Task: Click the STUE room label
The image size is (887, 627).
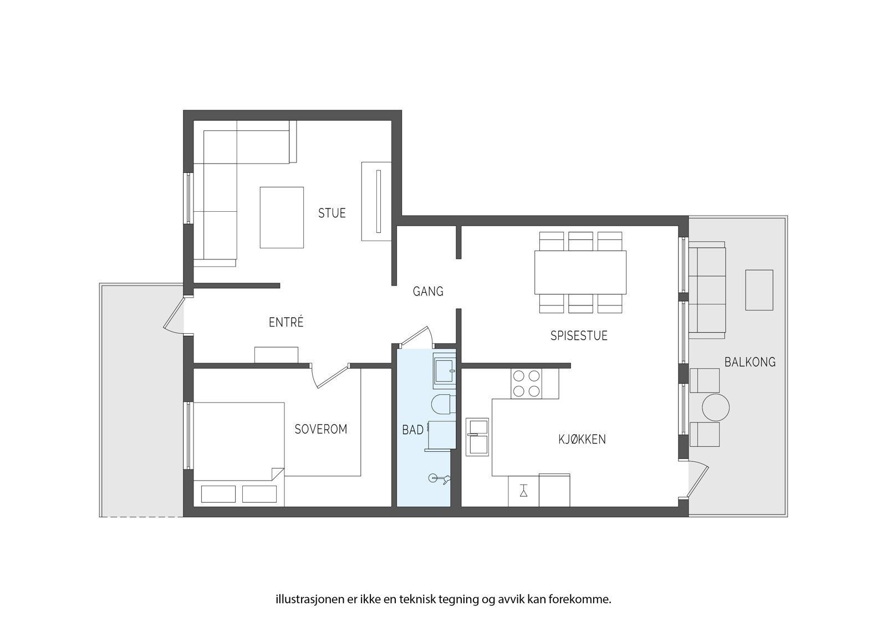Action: tap(332, 213)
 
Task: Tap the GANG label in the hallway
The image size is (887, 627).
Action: tap(428, 292)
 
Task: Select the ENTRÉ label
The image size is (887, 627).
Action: tap(286, 322)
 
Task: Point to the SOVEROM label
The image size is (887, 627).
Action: tap(321, 429)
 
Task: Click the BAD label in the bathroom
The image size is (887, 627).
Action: tap(412, 430)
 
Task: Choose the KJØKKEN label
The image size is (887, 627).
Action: tap(582, 439)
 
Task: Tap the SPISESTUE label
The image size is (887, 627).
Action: tap(579, 335)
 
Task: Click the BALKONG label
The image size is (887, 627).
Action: tap(750, 362)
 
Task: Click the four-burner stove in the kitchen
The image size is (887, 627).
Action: tap(526, 384)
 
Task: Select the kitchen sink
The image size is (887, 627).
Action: tap(477, 437)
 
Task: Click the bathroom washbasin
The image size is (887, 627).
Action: tap(445, 369)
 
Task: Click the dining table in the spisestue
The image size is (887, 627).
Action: tap(580, 273)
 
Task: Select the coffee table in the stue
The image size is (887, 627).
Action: tap(282, 217)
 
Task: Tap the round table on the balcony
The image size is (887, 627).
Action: tap(716, 407)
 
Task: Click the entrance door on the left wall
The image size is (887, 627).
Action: tap(174, 315)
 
